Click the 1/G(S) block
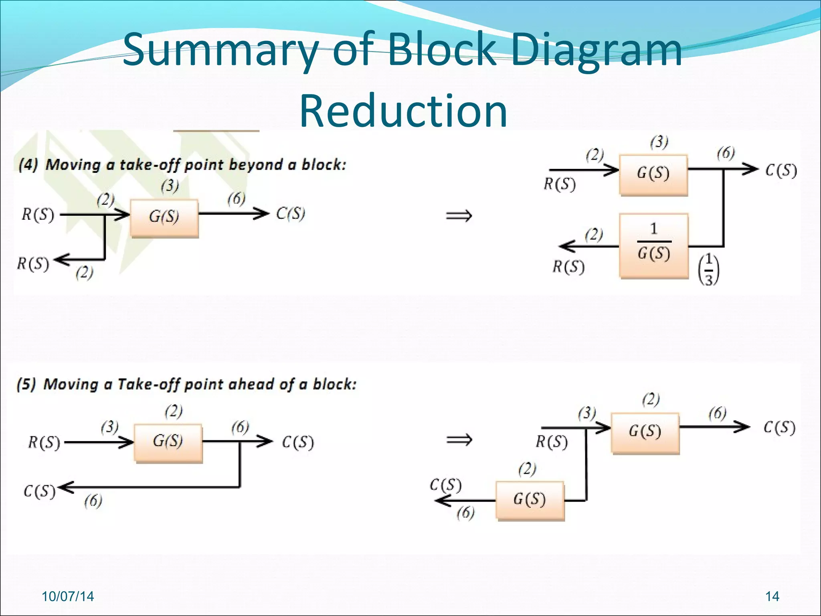point(653,245)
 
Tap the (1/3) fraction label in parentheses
point(709,269)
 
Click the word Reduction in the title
point(403,111)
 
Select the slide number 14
point(772,596)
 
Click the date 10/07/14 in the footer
point(68,596)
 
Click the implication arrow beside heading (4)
point(459,217)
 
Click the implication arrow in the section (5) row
point(459,440)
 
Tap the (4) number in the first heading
point(28,165)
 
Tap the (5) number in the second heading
point(26,384)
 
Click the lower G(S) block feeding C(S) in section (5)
point(530,500)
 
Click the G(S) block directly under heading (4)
point(164,217)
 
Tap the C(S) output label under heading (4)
point(291,213)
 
